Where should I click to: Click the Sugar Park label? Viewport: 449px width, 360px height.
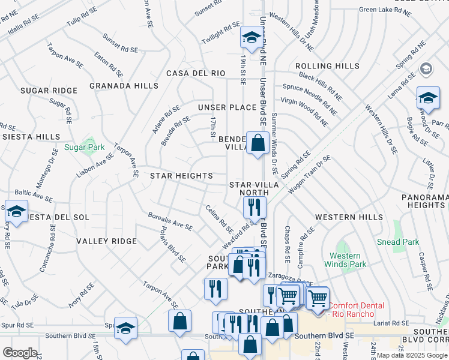pos(85,147)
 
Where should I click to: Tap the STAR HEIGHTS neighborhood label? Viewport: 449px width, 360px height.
pos(181,176)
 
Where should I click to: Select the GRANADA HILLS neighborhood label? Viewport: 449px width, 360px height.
pos(124,86)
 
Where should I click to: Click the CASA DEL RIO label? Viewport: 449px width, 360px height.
pos(196,73)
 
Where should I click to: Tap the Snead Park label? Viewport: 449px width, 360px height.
pos(397,242)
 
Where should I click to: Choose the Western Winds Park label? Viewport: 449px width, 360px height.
pos(345,260)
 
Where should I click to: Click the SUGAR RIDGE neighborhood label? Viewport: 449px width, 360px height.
pos(49,91)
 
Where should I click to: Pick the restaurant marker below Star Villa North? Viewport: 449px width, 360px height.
pos(255,208)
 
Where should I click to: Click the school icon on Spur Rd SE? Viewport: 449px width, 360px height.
pos(126,328)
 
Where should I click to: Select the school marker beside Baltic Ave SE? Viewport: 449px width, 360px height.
pos(16,211)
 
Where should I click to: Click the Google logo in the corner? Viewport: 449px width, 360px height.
pos(20,353)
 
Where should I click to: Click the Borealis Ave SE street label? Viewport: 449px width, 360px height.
pos(171,221)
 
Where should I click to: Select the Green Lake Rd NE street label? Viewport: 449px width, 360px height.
pos(384,9)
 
